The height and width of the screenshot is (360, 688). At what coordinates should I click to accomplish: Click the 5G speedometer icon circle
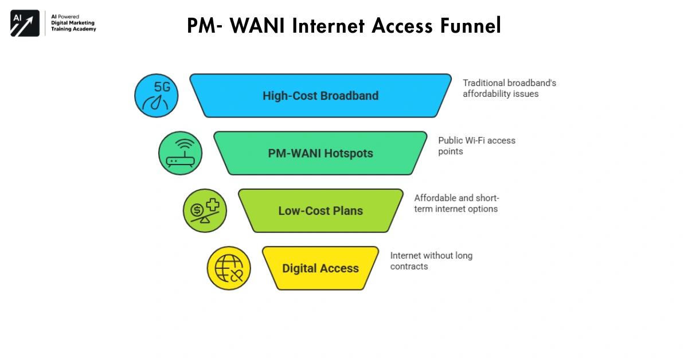pos(157,96)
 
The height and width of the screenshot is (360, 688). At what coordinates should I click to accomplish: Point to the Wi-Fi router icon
pos(180,153)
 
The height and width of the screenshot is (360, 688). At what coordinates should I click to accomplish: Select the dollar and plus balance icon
pos(205,210)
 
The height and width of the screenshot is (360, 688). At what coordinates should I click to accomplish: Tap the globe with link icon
pos(229,268)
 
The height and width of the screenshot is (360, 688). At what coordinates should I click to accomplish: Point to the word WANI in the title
pos(250,26)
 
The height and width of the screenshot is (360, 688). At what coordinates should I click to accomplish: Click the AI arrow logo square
pos(25,24)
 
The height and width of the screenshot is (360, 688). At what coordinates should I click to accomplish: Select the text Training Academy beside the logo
pos(73,29)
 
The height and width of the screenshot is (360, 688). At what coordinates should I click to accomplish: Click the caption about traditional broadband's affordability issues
pos(509,88)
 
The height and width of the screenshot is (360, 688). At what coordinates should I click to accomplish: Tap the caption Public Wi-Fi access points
pos(476,146)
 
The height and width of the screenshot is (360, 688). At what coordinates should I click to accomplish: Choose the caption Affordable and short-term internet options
pos(456,204)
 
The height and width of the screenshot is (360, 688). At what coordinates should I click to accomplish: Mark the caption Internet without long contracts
pos(431,261)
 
